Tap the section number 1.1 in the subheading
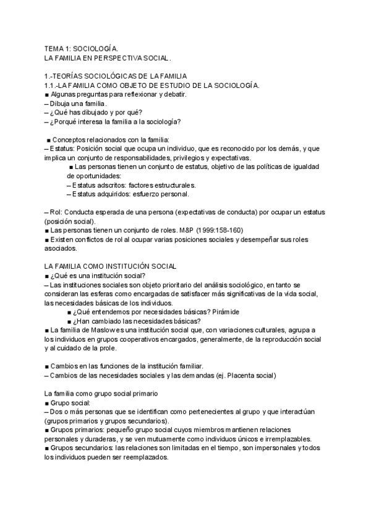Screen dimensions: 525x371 click(x=51, y=85)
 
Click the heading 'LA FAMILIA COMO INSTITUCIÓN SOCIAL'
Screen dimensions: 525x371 click(x=111, y=266)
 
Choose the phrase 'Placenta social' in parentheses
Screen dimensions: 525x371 click(x=249, y=376)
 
